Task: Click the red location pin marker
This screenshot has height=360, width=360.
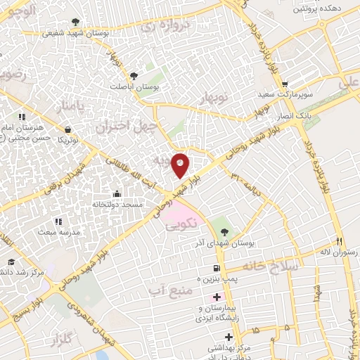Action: point(181,165)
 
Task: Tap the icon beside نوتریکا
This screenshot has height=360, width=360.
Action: point(67,129)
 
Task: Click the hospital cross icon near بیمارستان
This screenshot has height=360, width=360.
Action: point(217,297)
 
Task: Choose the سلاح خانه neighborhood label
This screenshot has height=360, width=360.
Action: point(271,266)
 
